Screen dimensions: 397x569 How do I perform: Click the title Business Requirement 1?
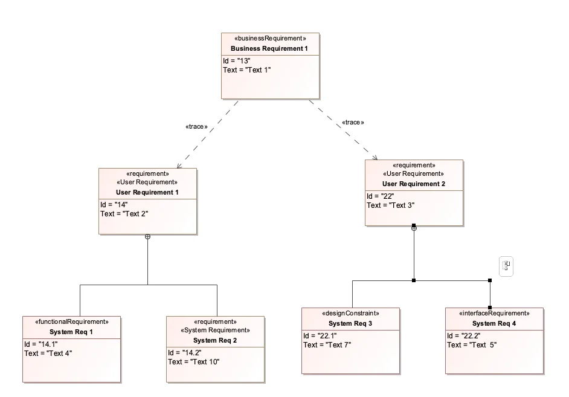click(x=269, y=48)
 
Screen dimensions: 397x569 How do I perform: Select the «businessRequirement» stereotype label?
click(x=269, y=38)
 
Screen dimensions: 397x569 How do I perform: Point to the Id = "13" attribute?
click(x=237, y=60)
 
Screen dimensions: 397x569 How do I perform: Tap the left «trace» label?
click(x=196, y=127)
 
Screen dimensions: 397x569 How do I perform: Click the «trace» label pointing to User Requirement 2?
click(x=353, y=122)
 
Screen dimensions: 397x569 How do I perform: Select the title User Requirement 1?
click(x=147, y=192)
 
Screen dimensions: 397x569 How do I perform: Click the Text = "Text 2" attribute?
click(x=124, y=213)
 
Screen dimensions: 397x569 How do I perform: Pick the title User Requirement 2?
click(x=414, y=184)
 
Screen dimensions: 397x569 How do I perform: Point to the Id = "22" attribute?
click(x=382, y=196)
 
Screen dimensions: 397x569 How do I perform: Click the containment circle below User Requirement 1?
click(x=147, y=236)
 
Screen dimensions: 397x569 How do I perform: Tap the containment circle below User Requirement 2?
click(x=414, y=228)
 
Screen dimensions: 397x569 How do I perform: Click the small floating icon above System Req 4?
click(x=506, y=265)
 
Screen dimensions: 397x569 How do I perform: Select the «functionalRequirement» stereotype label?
click(x=72, y=322)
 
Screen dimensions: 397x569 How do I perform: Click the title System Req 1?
click(x=72, y=332)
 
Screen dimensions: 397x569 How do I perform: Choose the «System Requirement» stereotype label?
click(x=215, y=331)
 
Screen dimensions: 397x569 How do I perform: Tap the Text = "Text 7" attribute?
click(x=327, y=344)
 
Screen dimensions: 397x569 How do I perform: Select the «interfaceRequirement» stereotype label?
click(x=494, y=314)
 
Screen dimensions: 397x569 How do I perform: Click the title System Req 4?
click(x=494, y=323)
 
